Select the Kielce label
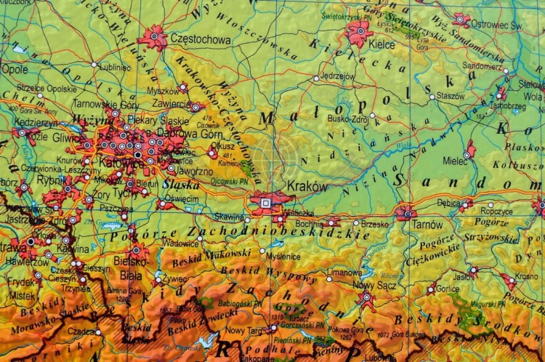point(381,44)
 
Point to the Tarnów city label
point(427,225)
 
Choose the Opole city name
point(15,70)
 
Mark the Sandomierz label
point(482,65)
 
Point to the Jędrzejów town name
point(337,75)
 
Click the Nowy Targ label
point(245,330)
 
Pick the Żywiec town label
point(174,278)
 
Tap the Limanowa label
point(344,272)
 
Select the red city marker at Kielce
point(360,31)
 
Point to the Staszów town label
point(451,95)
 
